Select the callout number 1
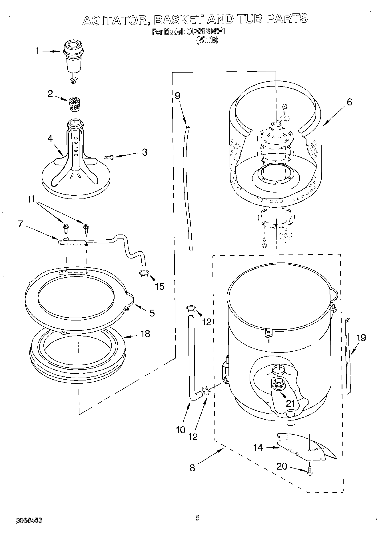pyautogui.click(x=37, y=51)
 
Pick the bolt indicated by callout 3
pyautogui.click(x=109, y=157)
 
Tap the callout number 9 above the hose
pyautogui.click(x=177, y=96)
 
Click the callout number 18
pyautogui.click(x=145, y=333)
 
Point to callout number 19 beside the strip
pyautogui.click(x=361, y=338)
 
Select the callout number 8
pyautogui.click(x=192, y=468)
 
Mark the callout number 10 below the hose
pyautogui.click(x=181, y=430)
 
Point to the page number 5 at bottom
pyautogui.click(x=197, y=518)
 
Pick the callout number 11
pyautogui.click(x=32, y=199)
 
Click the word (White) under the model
pyautogui.click(x=207, y=40)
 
